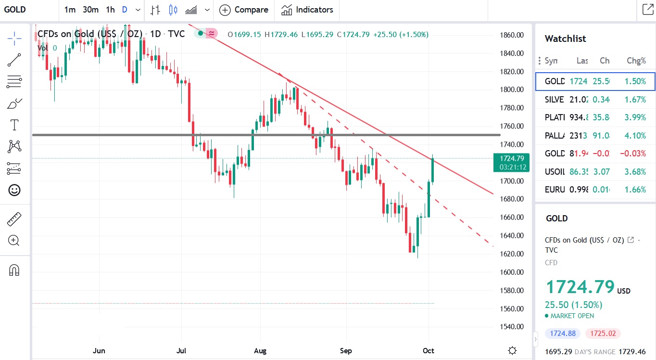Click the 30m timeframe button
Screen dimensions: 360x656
90,10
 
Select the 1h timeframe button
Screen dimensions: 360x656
110,10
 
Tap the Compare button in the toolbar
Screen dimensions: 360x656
244,10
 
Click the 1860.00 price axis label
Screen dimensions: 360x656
511,35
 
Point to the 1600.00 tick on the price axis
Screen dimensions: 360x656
511,272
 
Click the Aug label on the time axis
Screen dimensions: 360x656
260,350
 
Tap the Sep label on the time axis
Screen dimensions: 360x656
345,350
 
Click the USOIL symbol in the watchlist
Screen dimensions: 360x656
555,171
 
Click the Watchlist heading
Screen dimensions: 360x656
565,39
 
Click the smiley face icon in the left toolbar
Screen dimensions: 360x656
14,190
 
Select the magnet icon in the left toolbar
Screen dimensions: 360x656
14,270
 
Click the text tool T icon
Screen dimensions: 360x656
14,125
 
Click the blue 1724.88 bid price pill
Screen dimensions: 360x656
563,333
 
